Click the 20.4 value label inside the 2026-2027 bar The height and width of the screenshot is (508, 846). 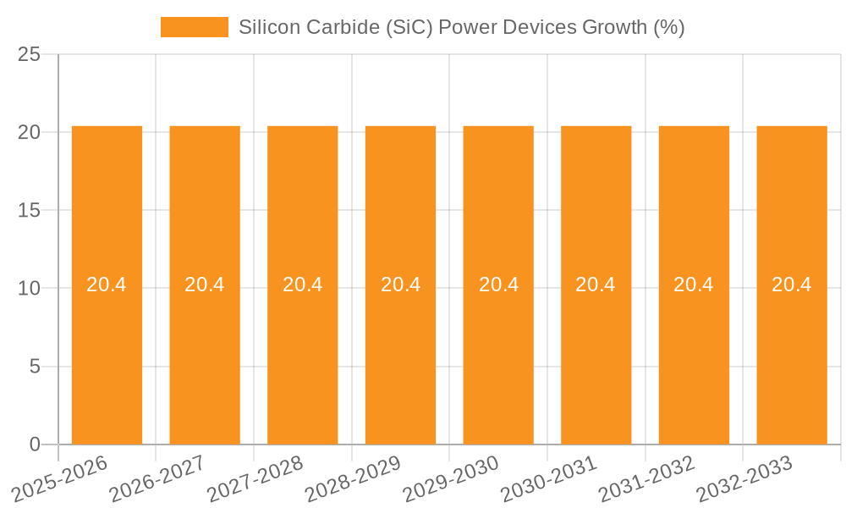205,284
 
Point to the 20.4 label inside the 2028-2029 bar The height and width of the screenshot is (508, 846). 400,284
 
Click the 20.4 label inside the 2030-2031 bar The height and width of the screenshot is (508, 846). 596,284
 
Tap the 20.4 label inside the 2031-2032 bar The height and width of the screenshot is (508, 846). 694,284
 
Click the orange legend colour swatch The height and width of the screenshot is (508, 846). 195,27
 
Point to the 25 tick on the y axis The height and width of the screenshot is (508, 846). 29,54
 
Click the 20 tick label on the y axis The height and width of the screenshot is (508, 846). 29,132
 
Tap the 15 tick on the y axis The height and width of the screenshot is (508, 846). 29,210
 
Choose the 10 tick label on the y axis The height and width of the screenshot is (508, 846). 29,288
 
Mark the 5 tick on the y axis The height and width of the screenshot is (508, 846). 35,367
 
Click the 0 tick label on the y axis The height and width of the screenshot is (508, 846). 35,444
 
